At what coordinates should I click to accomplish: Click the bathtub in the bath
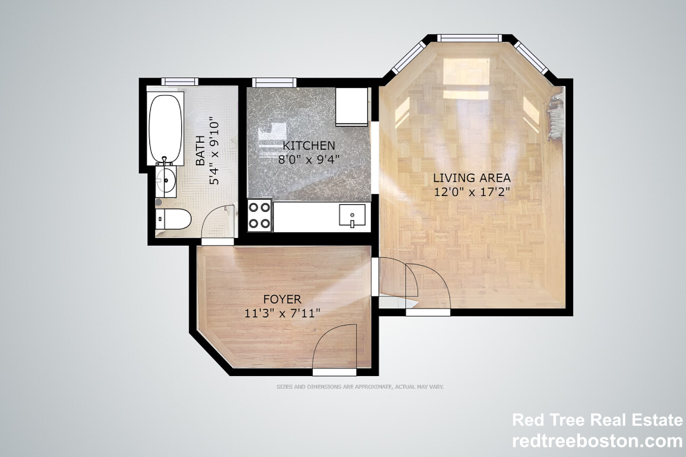[166, 129]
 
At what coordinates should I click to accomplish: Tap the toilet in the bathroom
[173, 219]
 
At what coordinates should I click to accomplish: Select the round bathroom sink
[166, 181]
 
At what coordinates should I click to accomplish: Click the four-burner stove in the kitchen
[259, 215]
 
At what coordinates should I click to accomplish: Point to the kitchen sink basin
[352, 215]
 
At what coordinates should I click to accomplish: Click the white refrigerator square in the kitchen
[352, 107]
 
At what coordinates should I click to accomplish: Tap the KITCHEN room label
[309, 145]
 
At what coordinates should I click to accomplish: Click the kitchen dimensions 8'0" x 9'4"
[309, 160]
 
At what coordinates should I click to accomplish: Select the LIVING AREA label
[472, 178]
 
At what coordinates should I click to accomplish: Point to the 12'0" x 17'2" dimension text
[472, 192]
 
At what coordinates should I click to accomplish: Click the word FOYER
[282, 299]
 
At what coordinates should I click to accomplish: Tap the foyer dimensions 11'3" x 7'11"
[282, 313]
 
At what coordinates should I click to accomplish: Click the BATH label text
[200, 150]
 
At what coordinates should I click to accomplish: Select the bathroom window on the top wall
[180, 81]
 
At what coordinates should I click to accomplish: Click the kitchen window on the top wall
[274, 82]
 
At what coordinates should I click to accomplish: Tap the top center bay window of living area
[469, 38]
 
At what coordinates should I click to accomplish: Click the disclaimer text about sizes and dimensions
[360, 387]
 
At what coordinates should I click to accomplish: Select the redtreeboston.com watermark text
[597, 442]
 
